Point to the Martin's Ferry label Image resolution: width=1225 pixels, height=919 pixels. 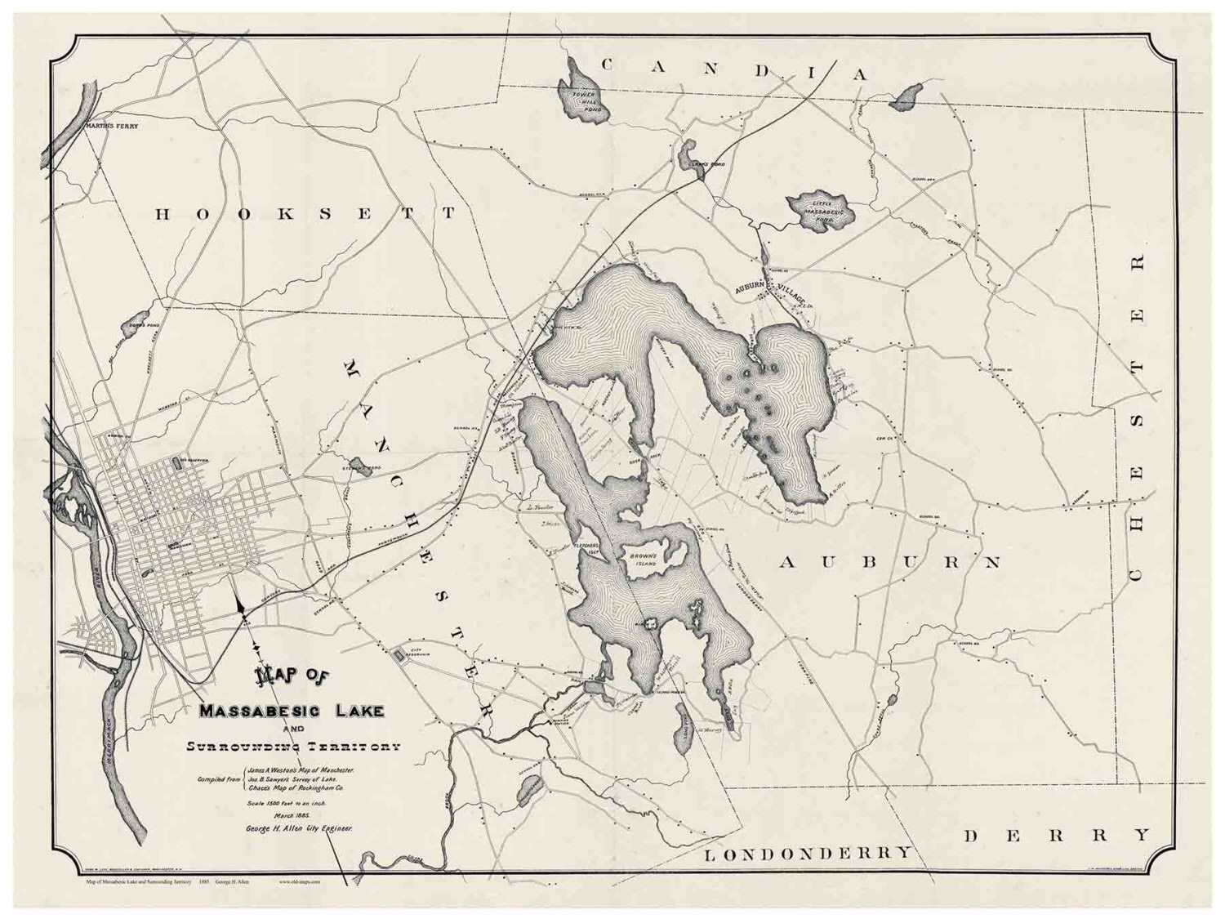click(x=112, y=127)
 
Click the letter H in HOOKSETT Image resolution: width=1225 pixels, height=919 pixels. click(x=163, y=214)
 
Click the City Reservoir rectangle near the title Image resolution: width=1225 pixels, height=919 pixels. click(x=399, y=654)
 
